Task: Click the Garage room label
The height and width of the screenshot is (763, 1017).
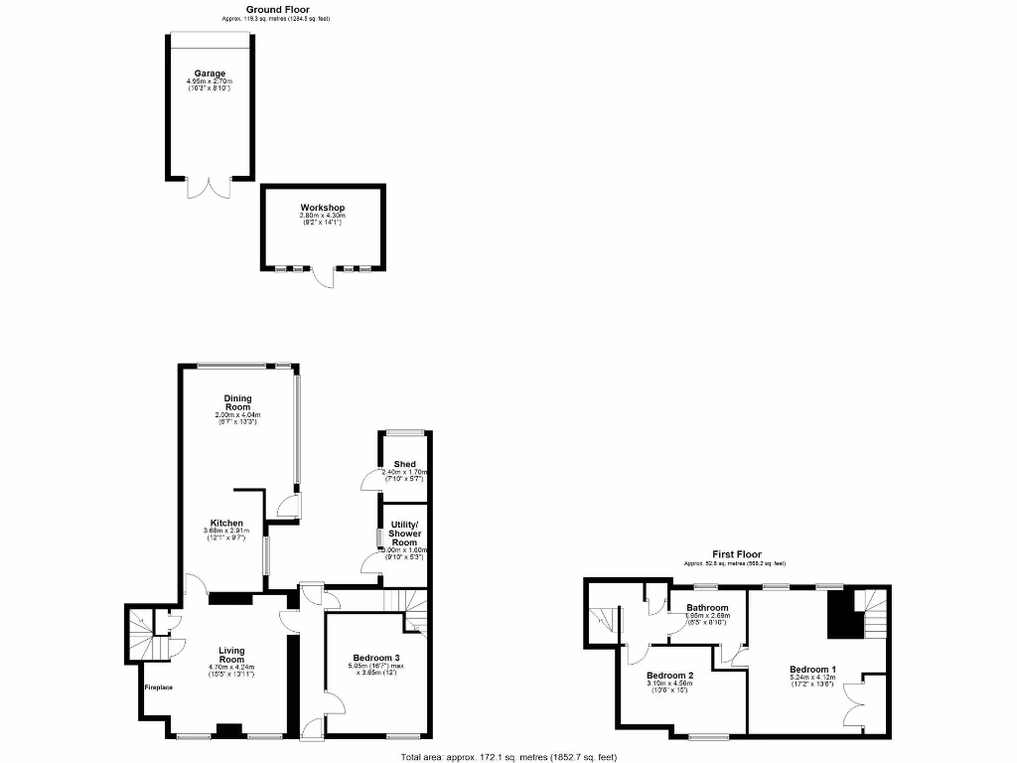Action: coord(210,74)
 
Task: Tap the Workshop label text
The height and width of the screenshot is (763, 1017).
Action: coord(323,209)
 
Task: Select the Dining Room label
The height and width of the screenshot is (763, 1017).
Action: coord(237,402)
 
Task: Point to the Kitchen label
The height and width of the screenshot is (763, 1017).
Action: coord(226,523)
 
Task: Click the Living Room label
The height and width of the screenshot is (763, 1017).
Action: coord(231,656)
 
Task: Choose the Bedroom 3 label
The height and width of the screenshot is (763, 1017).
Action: coord(375,658)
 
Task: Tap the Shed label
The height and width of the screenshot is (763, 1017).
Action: coord(404,464)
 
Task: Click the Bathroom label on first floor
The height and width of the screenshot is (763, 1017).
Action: coord(707,608)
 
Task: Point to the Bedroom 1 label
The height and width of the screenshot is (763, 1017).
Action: coord(812,669)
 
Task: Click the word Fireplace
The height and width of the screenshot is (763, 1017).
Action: coord(159,687)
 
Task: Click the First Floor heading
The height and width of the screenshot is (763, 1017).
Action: coord(736,554)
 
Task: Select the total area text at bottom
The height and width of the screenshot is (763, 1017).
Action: coord(508,757)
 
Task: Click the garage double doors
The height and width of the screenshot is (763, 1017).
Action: coord(210,187)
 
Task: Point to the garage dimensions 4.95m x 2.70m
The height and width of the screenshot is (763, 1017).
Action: coord(210,81)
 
